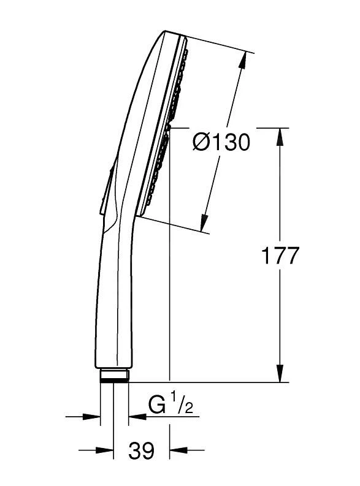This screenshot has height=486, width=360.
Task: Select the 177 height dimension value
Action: coord(280,255)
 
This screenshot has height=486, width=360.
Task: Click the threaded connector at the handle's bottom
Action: coord(114,374)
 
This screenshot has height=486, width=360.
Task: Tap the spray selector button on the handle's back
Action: coord(106,189)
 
